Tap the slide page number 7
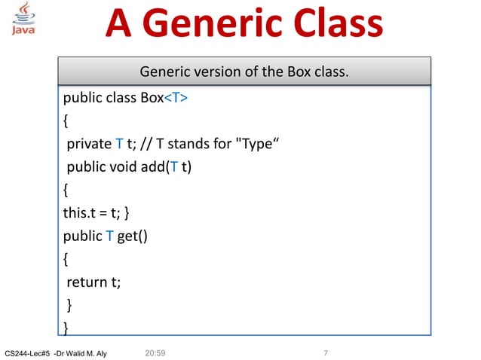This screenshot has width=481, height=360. tap(325, 353)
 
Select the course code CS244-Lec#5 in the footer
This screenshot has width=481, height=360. tap(26, 353)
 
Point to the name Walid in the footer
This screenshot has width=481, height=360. tap(80, 353)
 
